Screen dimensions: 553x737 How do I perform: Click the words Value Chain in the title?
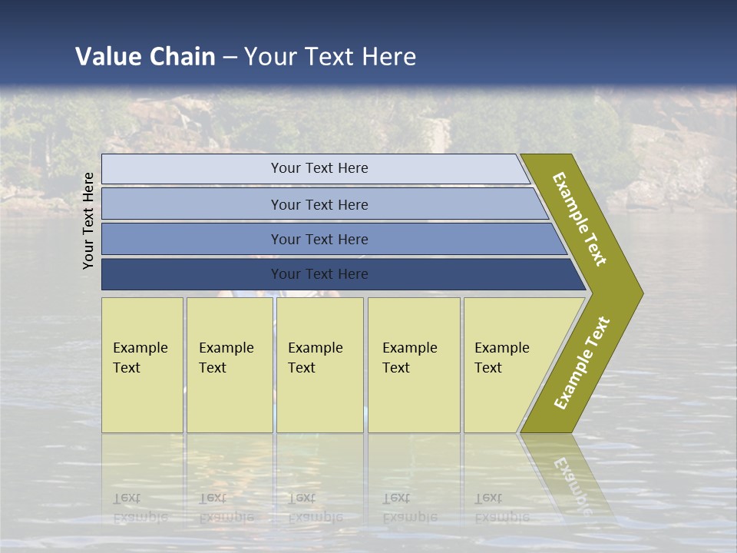145,57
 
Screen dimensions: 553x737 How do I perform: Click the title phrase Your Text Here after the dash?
330,57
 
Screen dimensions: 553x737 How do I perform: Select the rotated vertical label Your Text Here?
88,220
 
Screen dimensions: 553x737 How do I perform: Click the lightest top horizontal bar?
319,168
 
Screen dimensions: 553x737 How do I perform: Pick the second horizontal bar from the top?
319,204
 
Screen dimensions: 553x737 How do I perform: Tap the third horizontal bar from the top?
319,239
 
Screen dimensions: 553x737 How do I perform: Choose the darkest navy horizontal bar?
319,274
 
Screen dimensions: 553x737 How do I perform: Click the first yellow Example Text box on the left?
142,365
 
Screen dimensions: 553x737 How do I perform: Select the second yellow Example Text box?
229,365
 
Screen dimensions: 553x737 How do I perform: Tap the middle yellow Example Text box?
319,365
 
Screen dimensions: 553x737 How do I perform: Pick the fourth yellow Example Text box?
414,365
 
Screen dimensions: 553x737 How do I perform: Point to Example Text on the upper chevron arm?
580,219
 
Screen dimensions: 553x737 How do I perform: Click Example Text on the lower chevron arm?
582,363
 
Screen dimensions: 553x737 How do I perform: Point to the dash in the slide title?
230,58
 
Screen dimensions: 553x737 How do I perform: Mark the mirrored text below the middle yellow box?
316,507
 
